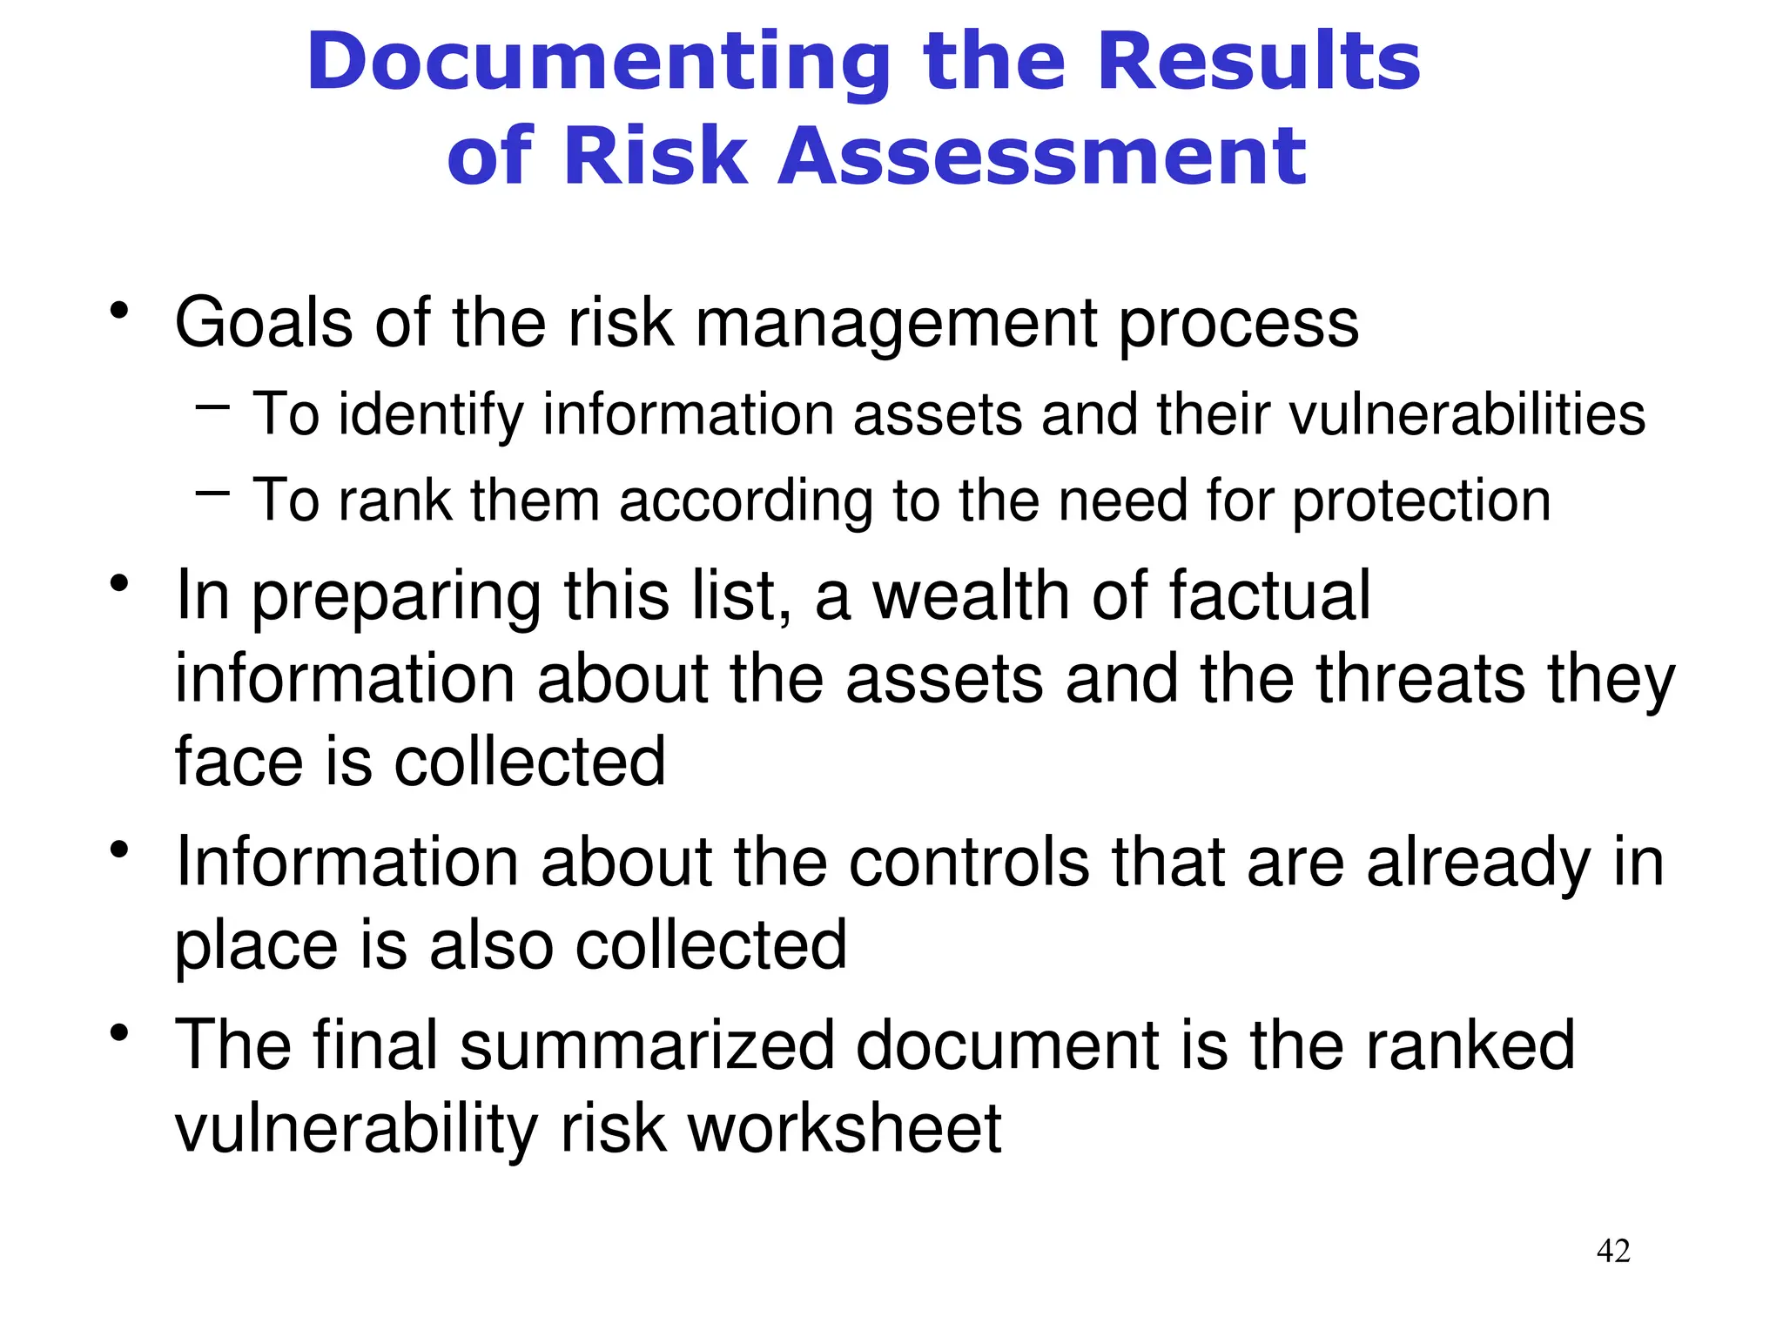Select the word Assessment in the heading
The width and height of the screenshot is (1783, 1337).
point(1041,157)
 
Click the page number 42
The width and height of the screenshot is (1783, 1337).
point(1613,1251)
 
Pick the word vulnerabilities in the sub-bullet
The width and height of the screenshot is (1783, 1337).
point(1467,414)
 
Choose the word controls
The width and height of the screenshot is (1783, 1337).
point(968,863)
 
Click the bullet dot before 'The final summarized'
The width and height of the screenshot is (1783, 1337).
point(119,1033)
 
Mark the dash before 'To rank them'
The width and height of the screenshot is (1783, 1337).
point(213,494)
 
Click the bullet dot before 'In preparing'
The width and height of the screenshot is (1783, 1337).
point(119,583)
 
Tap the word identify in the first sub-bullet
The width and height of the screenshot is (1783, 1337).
point(431,414)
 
